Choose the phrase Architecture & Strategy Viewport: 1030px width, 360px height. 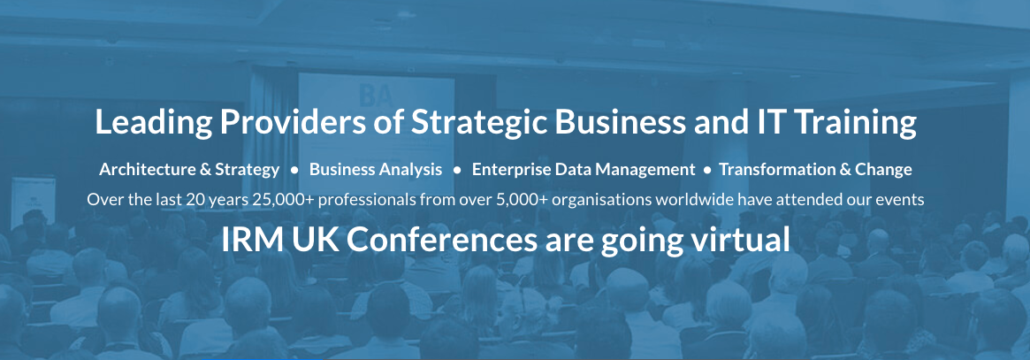point(189,170)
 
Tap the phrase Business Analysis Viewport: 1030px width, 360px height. point(376,170)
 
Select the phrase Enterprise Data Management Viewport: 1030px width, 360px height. point(584,170)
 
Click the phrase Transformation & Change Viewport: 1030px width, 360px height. point(815,170)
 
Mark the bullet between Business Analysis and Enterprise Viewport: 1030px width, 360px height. point(457,170)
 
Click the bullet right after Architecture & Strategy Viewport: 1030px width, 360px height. point(295,170)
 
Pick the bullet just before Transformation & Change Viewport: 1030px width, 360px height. point(707,170)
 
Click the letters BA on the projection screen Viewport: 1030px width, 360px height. point(376,97)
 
